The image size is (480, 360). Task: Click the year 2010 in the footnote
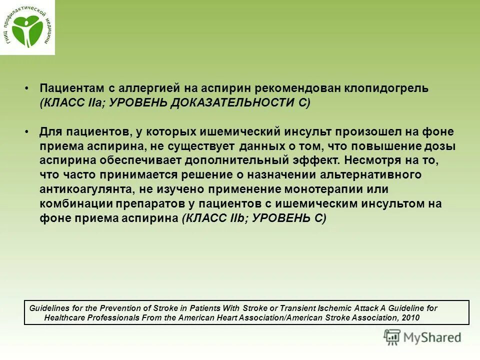(x=409, y=317)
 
